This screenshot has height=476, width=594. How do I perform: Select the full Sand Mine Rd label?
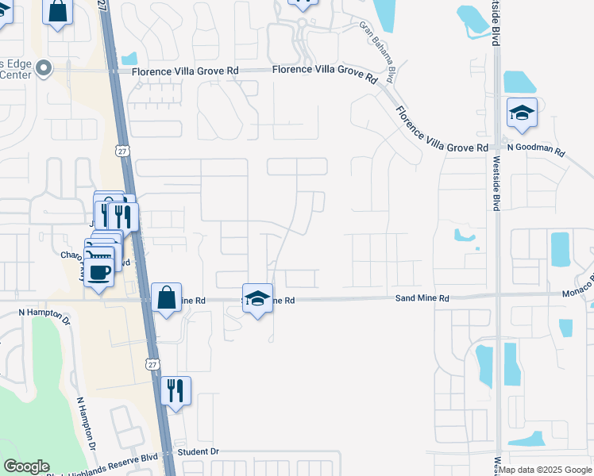422,298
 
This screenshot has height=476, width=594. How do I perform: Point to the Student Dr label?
199,451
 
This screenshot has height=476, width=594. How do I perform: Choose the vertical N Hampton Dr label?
86,426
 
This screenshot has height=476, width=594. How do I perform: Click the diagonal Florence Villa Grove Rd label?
442,130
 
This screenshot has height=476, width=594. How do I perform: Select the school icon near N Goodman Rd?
522,114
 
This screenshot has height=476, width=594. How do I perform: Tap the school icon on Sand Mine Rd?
257,298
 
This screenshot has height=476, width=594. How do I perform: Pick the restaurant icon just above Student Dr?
176,390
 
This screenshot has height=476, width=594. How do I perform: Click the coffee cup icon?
99,272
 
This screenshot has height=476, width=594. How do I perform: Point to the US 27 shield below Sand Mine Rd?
152,363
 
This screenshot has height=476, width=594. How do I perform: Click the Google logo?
26,466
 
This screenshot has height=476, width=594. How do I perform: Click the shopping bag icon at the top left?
58,13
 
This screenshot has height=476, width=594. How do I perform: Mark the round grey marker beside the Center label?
44,69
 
